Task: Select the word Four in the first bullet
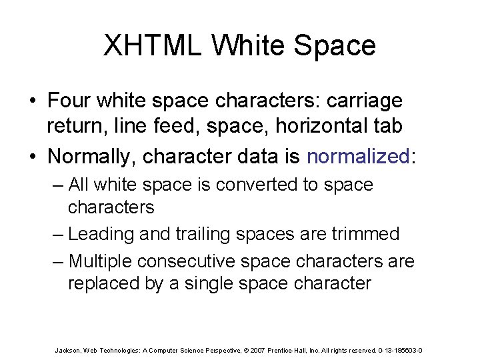point(70,101)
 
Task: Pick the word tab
point(389,124)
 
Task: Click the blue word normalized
point(357,156)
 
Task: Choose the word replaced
point(103,283)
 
